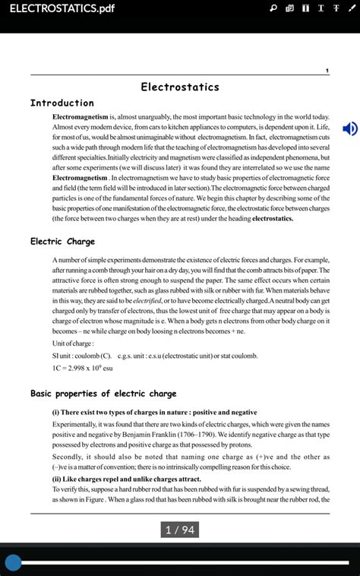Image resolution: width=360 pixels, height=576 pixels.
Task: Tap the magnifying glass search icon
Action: [273, 8]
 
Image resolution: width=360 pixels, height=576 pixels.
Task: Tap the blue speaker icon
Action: [349, 128]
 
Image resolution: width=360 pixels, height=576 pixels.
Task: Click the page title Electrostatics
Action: [179, 87]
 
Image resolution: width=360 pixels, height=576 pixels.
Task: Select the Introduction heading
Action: [62, 103]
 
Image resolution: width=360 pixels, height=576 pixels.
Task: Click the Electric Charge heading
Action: [62, 242]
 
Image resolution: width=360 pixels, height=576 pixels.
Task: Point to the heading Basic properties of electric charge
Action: [103, 394]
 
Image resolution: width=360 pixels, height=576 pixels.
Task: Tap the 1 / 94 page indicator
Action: [180, 530]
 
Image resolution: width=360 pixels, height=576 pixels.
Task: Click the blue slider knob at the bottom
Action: [13, 562]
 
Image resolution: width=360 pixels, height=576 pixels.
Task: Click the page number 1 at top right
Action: [327, 71]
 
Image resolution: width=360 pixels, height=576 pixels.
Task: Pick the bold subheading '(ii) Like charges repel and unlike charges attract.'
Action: [126, 479]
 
